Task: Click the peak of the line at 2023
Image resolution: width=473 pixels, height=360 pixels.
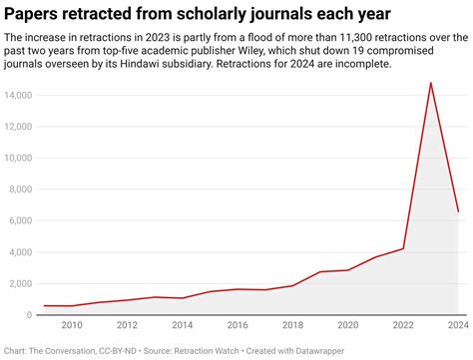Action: coord(430,83)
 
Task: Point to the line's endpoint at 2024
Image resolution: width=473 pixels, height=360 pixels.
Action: coord(458,211)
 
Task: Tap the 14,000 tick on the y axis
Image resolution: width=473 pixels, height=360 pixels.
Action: coord(21,95)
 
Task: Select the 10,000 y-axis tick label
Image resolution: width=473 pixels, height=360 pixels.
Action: coord(21,158)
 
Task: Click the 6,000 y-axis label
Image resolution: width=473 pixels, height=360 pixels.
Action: coord(24,220)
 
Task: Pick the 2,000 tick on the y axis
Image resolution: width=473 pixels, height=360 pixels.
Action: coord(24,283)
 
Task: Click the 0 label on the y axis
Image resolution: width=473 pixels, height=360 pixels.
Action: coord(33,315)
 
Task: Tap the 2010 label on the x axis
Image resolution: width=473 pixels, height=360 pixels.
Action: coord(72,326)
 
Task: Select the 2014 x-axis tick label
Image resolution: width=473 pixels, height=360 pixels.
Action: coord(182,326)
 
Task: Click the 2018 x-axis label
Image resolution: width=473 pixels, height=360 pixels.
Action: coord(292,326)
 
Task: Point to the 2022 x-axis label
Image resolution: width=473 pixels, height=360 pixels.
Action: coord(402,326)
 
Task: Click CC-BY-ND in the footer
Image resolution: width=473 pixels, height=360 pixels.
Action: coord(113,350)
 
